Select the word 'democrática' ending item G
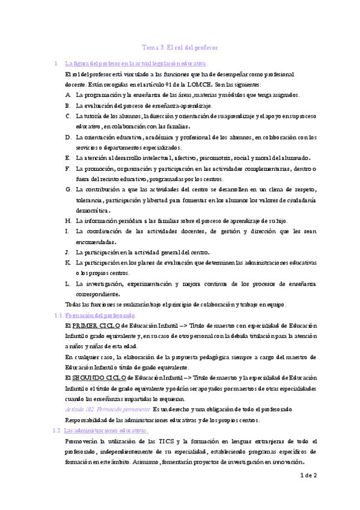pos(92,210)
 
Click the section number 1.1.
pos(59,315)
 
